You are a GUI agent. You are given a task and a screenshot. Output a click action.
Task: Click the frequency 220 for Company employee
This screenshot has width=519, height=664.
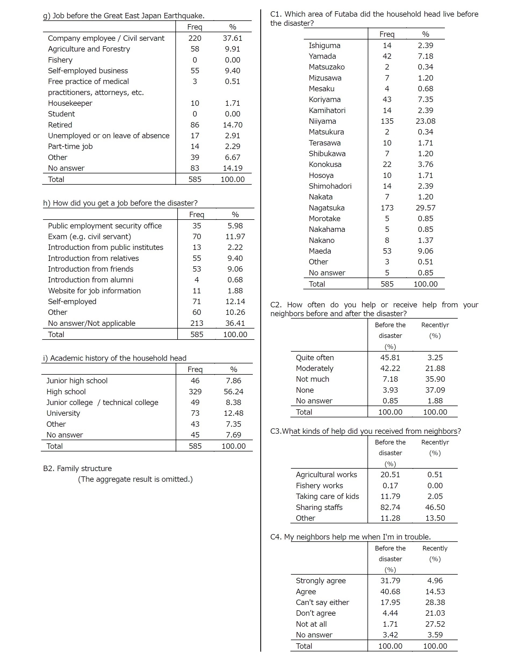tap(195, 38)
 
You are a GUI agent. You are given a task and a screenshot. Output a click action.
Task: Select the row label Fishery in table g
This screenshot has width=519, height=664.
tap(60, 60)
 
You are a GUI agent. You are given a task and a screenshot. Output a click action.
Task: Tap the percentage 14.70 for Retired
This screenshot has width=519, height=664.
tap(232, 125)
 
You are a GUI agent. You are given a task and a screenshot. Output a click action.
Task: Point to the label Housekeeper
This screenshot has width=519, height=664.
tap(70, 103)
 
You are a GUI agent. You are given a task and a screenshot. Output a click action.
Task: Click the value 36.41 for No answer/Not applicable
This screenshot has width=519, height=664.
tap(235, 323)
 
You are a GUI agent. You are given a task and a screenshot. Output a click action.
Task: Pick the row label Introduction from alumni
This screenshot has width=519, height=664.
tap(90, 280)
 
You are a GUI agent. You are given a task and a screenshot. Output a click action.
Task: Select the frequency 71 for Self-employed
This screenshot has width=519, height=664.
tap(197, 302)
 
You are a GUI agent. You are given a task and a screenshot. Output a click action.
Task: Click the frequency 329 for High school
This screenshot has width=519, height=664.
tap(195, 392)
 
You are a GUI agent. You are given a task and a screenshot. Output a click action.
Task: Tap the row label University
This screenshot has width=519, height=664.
tap(63, 413)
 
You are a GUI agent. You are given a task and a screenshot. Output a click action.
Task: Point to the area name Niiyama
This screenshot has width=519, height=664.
tap(322, 121)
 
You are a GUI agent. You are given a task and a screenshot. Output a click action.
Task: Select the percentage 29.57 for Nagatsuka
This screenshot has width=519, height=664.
tap(425, 208)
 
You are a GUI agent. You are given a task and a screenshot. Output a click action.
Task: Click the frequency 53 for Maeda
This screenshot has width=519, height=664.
tap(387, 251)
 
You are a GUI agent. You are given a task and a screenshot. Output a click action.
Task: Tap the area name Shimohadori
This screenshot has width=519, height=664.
tap(330, 186)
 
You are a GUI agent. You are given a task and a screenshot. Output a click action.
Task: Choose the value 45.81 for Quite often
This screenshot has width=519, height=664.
tap(390, 357)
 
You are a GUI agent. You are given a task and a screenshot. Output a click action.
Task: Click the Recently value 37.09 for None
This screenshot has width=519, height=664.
tap(435, 390)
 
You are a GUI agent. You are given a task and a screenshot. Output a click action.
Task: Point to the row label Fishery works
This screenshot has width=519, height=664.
tap(319, 486)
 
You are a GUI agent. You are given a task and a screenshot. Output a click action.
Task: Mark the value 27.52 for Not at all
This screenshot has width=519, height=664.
tap(435, 624)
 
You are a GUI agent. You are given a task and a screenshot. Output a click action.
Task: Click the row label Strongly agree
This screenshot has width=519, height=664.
tap(321, 581)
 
